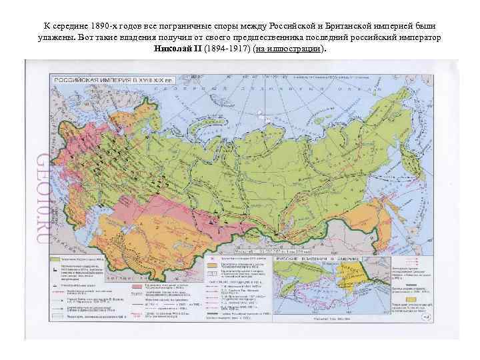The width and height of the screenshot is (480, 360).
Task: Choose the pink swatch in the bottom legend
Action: (137, 286)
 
